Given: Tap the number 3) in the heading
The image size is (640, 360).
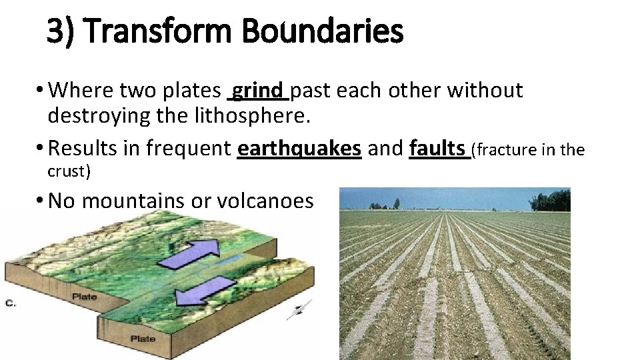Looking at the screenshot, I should click(61, 31).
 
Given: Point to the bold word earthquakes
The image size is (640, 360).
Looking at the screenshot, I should click(299, 148).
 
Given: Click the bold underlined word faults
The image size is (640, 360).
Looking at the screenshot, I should click(438, 148).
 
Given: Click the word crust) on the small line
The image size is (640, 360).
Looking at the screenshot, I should click(69, 171).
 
